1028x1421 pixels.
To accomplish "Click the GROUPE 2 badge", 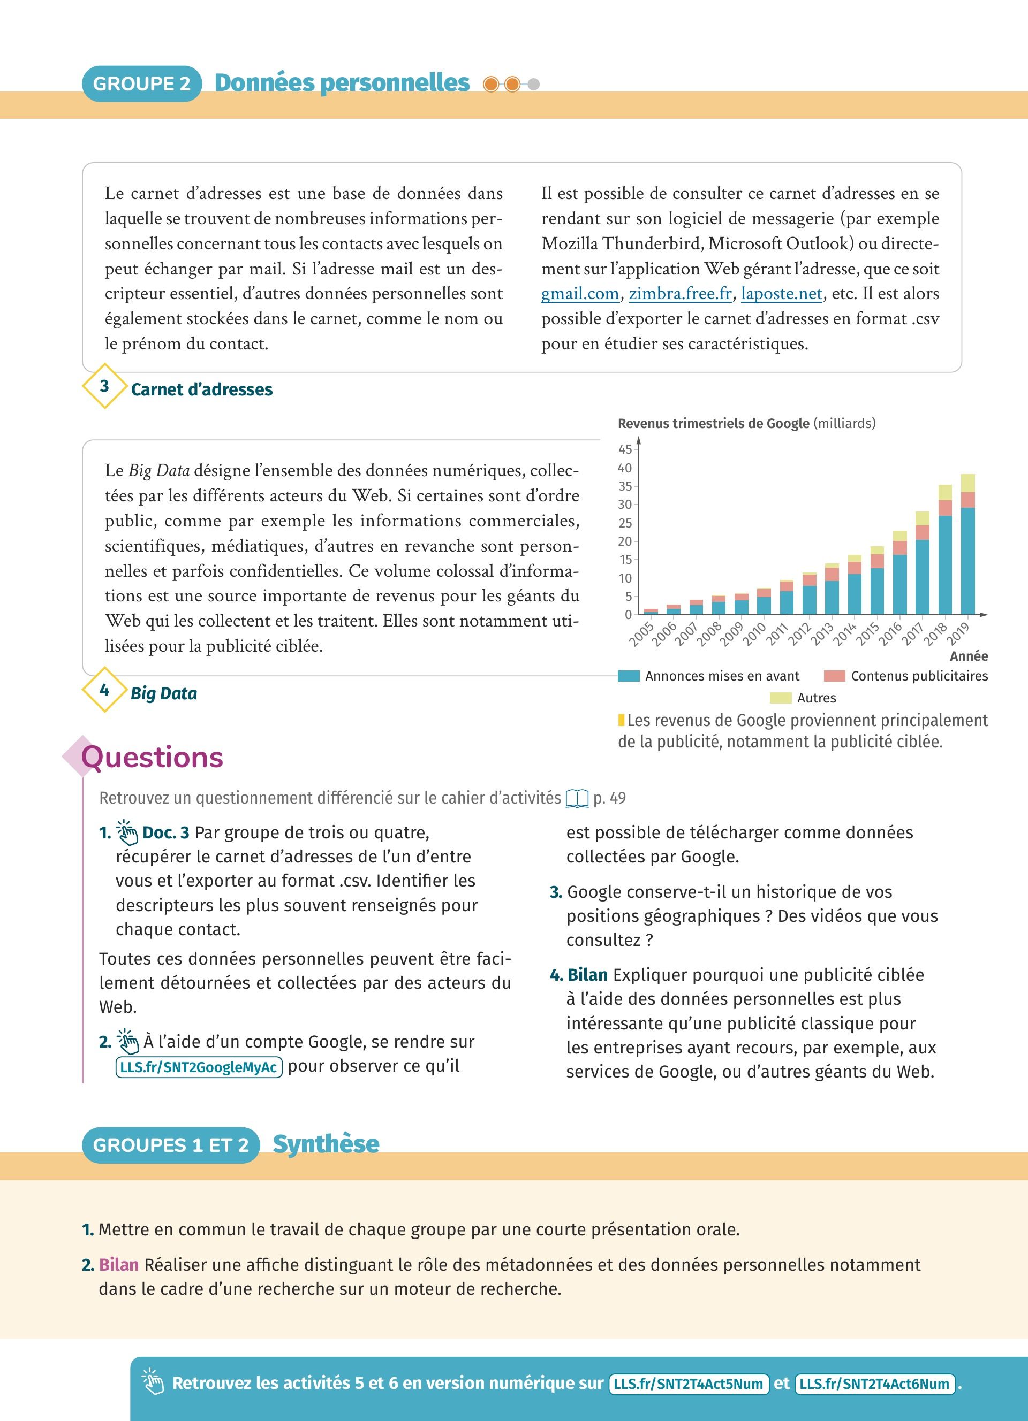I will point(142,83).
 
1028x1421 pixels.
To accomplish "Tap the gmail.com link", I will point(580,294).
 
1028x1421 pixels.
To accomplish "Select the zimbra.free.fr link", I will point(680,294).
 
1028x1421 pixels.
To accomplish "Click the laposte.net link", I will point(781,294).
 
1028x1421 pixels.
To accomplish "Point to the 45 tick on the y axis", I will point(625,449).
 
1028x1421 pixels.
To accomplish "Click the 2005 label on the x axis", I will point(642,634).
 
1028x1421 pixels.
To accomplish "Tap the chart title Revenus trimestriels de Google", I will point(713,424).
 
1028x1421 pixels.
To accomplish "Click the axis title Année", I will point(969,656).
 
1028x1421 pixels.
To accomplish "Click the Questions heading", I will point(152,757).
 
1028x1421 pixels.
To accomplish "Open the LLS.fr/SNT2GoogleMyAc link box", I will point(199,1067).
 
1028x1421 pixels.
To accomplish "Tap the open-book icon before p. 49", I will point(577,798).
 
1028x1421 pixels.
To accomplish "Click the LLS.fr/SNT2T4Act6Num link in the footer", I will point(874,1384).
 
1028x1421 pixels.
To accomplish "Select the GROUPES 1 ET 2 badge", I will point(170,1145).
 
